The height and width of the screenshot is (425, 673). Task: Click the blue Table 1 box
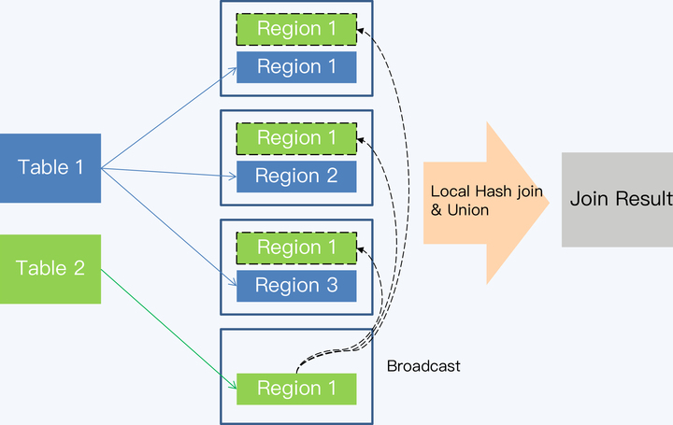coord(50,168)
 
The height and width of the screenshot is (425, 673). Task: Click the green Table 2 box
coord(50,269)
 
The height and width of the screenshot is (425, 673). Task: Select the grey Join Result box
coord(617,199)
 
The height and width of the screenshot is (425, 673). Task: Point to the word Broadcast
coord(423,366)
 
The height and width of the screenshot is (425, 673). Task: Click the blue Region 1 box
coord(296,67)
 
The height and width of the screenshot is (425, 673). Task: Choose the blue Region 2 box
coord(296,177)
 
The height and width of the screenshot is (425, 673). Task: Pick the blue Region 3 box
coord(296,286)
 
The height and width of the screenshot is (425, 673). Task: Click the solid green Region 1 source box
coord(296,389)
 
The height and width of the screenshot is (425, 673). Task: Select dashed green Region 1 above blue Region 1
coord(296,29)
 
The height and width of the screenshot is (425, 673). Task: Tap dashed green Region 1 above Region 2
coord(296,138)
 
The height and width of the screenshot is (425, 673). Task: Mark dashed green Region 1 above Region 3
coord(296,248)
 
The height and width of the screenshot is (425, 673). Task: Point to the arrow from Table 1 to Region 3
coord(168,226)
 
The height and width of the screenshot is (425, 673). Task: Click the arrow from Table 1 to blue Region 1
coord(168,118)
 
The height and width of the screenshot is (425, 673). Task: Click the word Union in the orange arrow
coord(467,210)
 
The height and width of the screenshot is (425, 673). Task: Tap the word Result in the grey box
coord(645,199)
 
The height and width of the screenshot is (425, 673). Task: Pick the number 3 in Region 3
coord(333,286)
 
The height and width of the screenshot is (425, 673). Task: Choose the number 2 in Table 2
coord(79,269)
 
